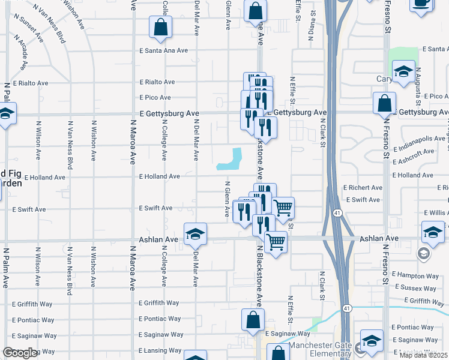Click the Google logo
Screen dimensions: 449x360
coord(20,353)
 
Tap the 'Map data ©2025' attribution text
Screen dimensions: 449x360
coord(424,355)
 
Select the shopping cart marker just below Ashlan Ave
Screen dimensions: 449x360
coord(276,242)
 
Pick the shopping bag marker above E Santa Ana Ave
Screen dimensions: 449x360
coord(160,27)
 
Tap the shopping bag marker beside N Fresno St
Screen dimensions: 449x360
coord(384,103)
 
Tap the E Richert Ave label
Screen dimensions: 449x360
coord(363,188)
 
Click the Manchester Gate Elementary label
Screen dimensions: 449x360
coord(319,350)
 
